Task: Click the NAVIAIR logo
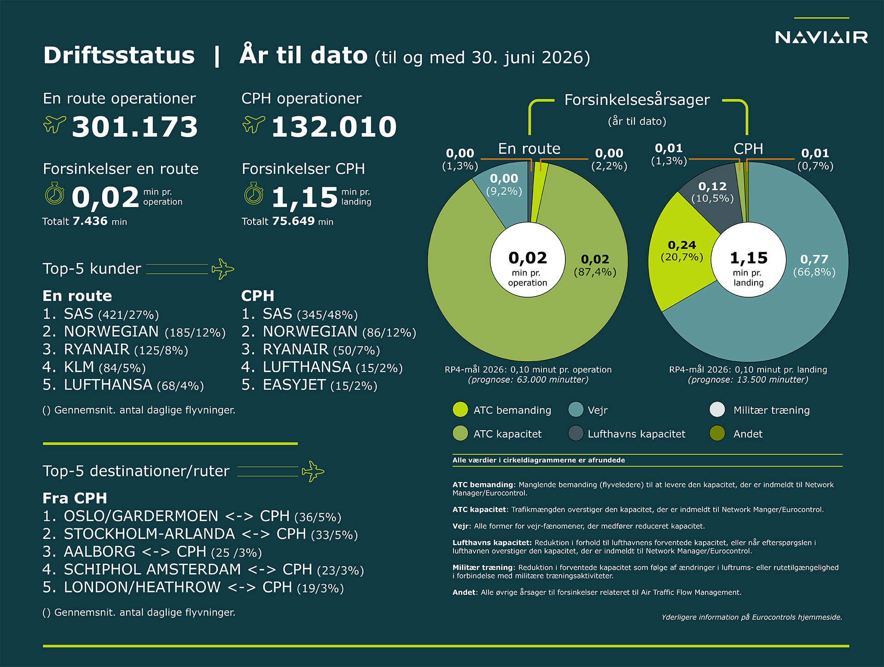pyautogui.click(x=821, y=37)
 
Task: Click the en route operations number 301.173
pyautogui.click(x=135, y=126)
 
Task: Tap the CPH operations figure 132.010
pyautogui.click(x=334, y=126)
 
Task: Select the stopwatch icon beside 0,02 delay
pyautogui.click(x=55, y=194)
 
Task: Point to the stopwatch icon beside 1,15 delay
pyautogui.click(x=254, y=194)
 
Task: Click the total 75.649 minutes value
pyautogui.click(x=293, y=221)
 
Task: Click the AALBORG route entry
pyautogui.click(x=152, y=552)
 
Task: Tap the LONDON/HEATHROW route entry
pyautogui.click(x=193, y=587)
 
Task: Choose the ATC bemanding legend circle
pyautogui.click(x=460, y=409)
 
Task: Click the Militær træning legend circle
pyautogui.click(x=717, y=409)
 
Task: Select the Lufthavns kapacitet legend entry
pyautogui.click(x=627, y=433)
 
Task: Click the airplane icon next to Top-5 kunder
pyautogui.click(x=223, y=269)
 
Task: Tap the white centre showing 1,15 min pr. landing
pyautogui.click(x=749, y=260)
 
